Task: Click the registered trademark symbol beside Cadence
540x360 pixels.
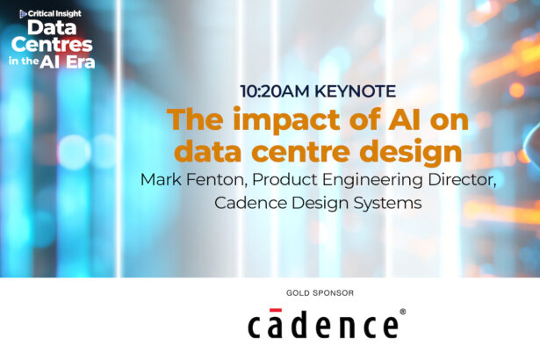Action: point(402,311)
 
